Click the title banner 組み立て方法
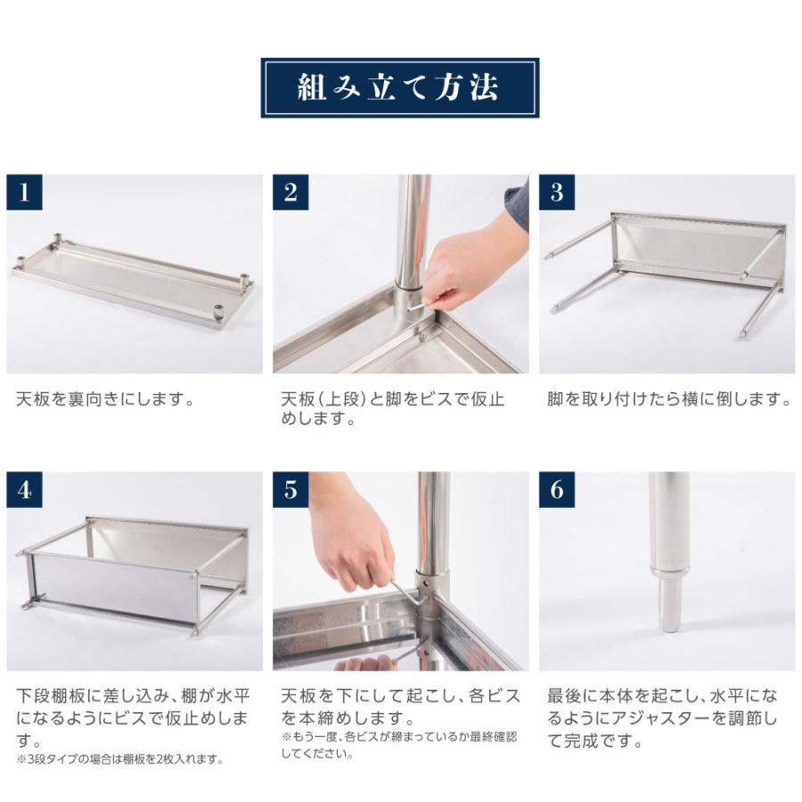[399, 87]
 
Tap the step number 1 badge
[24, 193]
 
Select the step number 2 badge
[291, 193]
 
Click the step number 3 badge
[557, 193]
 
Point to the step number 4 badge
[24, 490]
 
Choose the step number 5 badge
[291, 490]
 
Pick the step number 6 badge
[557, 490]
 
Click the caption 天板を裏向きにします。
[105, 399]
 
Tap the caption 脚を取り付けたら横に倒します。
[668, 399]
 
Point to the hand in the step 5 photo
[352, 544]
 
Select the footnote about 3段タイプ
[119, 760]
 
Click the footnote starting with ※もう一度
[398, 745]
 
